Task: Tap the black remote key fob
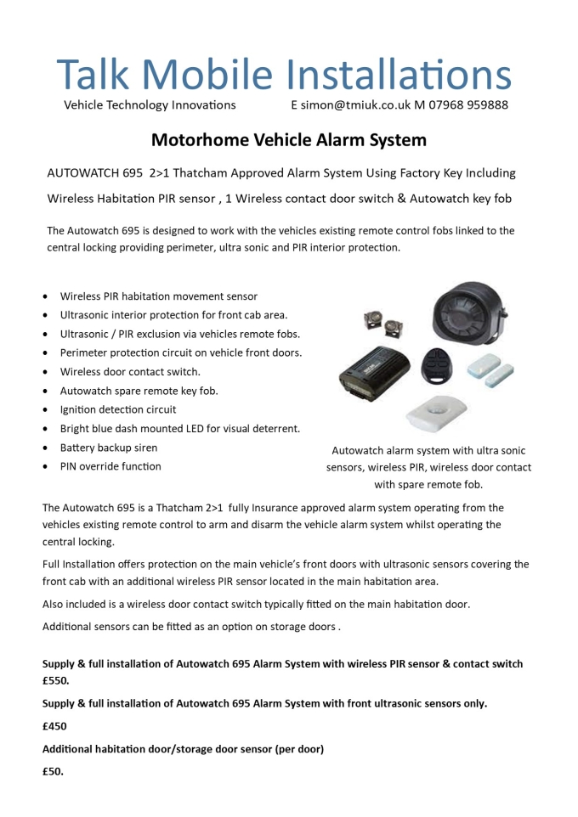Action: click(439, 364)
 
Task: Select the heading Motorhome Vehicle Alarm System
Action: click(289, 139)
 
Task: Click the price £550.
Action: click(55, 680)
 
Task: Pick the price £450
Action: click(54, 726)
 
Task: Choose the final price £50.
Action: click(53, 772)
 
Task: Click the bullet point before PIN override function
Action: click(45, 467)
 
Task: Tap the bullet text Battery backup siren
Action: click(109, 448)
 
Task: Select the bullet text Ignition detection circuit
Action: click(118, 409)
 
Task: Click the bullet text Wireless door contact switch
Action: click(130, 372)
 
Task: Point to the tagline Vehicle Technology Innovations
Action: click(150, 105)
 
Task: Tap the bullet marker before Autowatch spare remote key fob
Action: click(45, 392)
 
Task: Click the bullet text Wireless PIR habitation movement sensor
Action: click(159, 296)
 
